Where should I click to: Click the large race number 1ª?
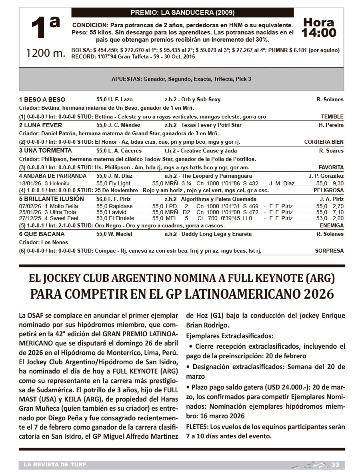45,28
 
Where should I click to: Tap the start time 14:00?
319,32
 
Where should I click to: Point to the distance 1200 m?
45,53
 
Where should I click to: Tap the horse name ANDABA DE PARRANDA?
52,176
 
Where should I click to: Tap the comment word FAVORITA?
331,167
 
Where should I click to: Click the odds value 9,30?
338,183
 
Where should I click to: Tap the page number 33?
335,464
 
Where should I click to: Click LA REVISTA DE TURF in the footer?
55,464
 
